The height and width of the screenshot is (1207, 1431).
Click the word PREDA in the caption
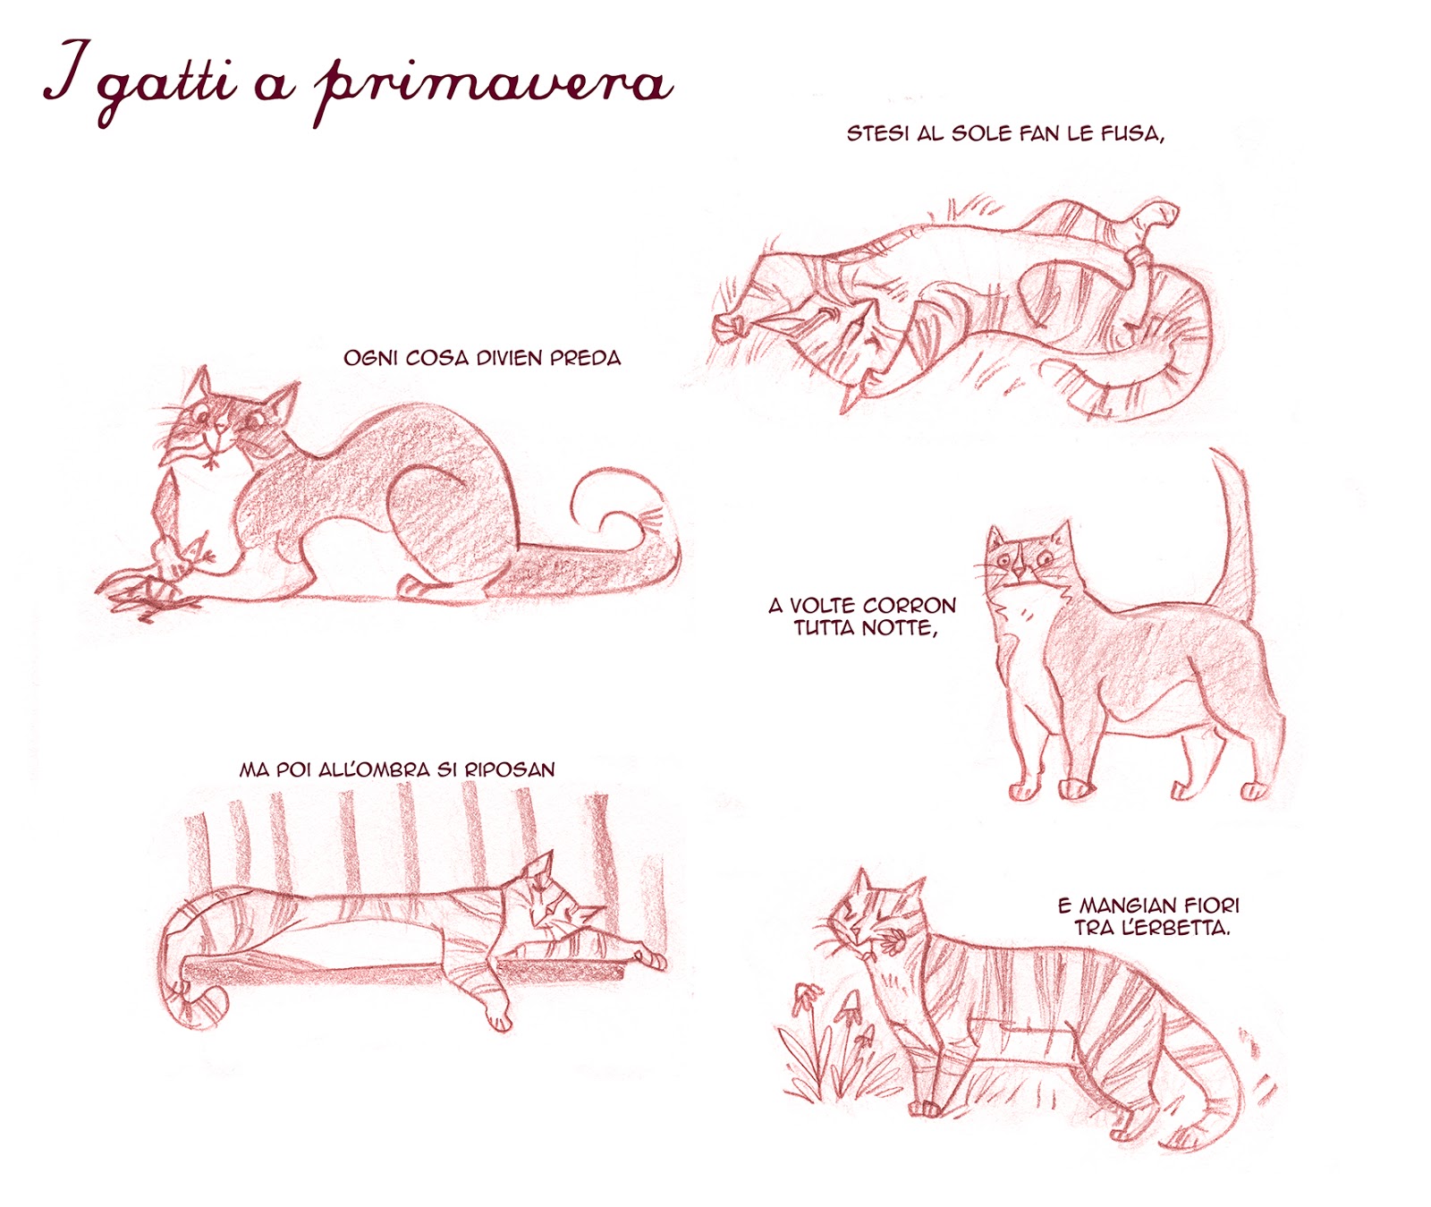tap(585, 358)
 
